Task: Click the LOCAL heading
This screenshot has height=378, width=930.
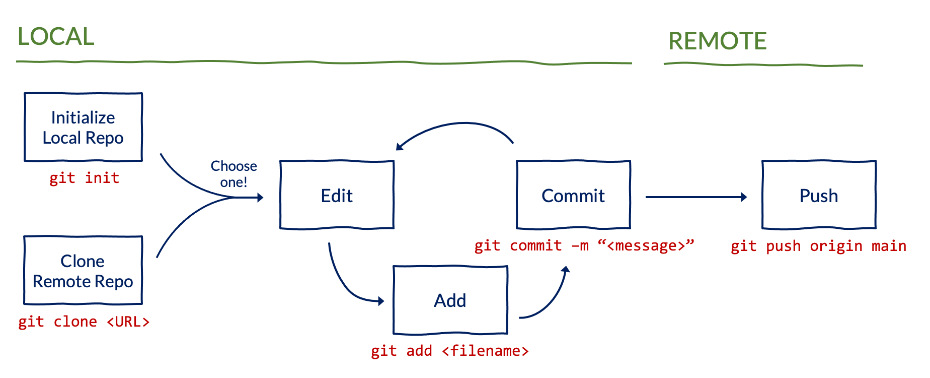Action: point(56,37)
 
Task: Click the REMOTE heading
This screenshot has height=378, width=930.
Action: point(717,41)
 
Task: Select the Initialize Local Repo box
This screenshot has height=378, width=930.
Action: point(84,127)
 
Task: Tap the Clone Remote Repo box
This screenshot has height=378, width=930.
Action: point(83,271)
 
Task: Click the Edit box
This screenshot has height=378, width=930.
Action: point(337,195)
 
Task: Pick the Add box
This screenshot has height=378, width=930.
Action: point(450,300)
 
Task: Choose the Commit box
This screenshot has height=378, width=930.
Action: point(573,195)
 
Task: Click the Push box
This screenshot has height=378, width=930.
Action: point(819,195)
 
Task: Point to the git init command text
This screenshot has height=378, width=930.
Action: point(84,178)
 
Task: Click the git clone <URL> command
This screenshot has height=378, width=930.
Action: point(84,322)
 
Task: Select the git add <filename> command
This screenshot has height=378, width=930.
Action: point(449,351)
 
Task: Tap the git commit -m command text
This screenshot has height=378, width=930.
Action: point(584,245)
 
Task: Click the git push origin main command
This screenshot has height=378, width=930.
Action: point(818,246)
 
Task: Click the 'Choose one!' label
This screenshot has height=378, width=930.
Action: point(234,174)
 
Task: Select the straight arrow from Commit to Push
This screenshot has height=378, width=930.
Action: point(694,197)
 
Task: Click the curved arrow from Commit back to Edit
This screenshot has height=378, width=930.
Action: point(458,124)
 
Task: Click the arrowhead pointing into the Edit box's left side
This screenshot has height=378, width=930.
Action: point(260,198)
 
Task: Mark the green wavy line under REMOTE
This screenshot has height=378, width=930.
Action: point(762,65)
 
